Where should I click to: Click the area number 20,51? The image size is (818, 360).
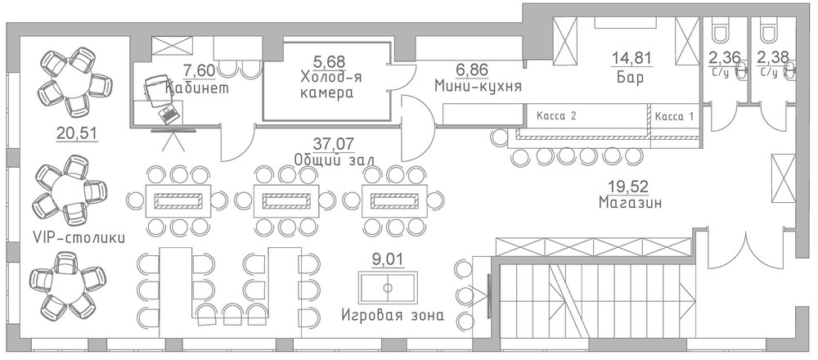coord(77,133)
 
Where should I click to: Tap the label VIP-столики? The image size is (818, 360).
coord(79,238)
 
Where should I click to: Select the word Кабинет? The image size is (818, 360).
coord(197,88)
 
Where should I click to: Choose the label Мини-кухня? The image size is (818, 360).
coord(479,85)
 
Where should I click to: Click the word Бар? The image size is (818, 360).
coord(630,79)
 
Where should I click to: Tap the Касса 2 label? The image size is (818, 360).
coord(556,116)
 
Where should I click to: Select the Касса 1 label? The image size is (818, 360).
coord(674,117)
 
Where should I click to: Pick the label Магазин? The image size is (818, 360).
coord(631,202)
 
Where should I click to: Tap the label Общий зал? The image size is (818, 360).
coord(334,159)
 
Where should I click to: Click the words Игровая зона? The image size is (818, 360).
coord(393,315)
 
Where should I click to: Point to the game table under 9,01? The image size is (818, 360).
coord(388,287)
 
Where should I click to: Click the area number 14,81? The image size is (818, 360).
coord(632,57)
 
